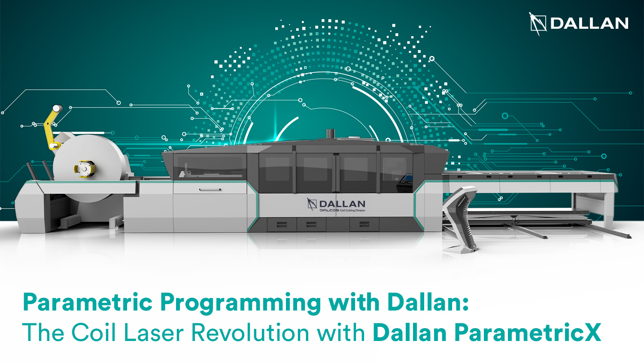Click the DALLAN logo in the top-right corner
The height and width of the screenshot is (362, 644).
(579, 23)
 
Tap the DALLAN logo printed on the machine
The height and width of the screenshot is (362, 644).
(337, 204)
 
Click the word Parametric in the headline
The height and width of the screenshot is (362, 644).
(88, 302)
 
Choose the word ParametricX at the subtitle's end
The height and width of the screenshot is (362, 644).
(528, 332)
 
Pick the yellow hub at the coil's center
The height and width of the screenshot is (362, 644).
(84, 169)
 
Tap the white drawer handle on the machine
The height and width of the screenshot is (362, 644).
(210, 189)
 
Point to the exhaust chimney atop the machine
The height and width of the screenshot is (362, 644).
(330, 133)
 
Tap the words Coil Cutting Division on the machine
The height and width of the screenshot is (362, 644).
(352, 211)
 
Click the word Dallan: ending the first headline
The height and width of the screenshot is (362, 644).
(428, 302)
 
